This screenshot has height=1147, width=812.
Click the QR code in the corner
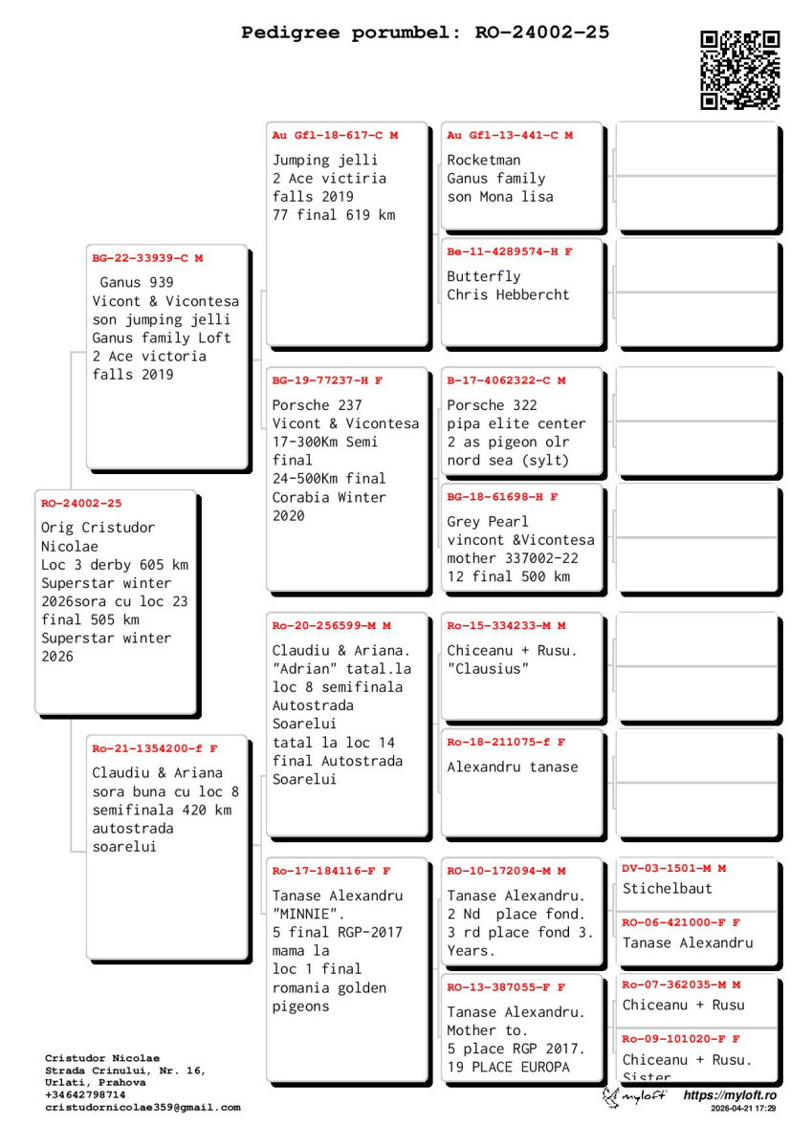(x=739, y=70)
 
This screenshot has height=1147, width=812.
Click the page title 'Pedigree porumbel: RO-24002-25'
(x=425, y=33)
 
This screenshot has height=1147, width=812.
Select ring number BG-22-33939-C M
(x=147, y=258)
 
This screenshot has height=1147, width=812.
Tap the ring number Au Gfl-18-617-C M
(x=335, y=136)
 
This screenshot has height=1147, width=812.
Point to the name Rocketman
(x=484, y=160)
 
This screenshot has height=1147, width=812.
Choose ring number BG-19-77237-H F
(x=327, y=380)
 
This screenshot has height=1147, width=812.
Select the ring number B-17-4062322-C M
(x=506, y=380)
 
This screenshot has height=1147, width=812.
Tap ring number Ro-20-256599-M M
(x=331, y=626)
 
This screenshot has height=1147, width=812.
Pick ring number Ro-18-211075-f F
(x=506, y=743)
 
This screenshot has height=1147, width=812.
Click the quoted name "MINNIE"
(x=308, y=914)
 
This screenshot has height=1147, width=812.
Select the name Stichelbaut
(x=668, y=889)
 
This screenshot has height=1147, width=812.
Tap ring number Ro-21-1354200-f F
(x=155, y=748)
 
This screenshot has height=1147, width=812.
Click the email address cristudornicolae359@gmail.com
(x=143, y=1108)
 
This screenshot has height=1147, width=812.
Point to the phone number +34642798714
(x=85, y=1095)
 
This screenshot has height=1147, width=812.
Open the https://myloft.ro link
(x=730, y=1095)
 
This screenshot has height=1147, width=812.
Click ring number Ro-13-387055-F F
(x=506, y=987)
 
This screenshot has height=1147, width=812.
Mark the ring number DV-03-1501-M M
(x=674, y=869)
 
